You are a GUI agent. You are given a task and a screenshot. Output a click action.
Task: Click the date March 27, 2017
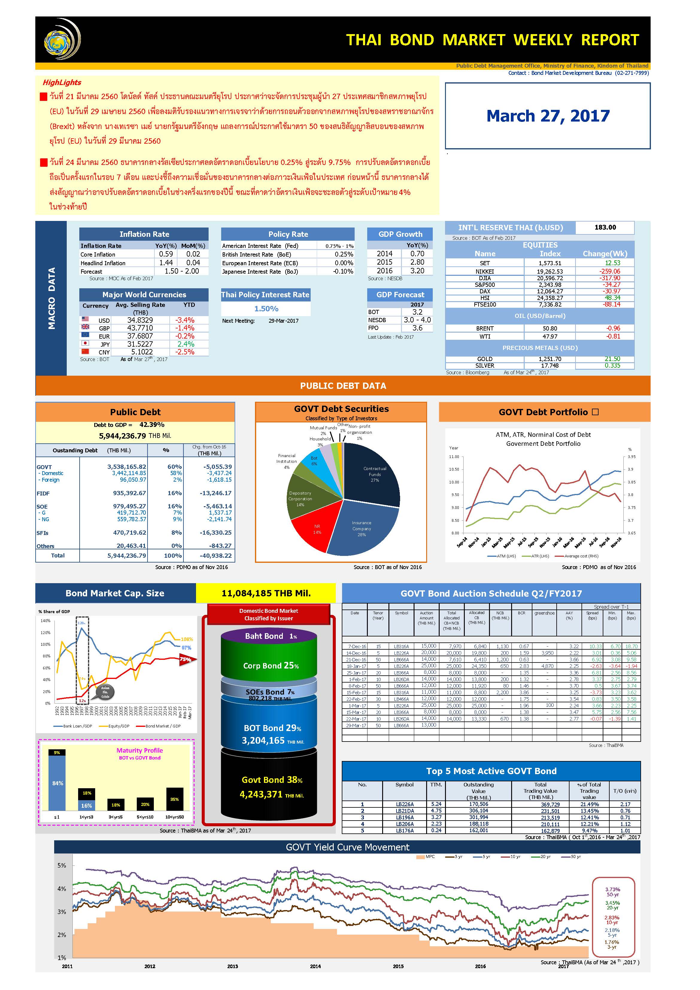548,116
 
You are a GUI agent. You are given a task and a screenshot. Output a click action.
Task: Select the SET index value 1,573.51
550,263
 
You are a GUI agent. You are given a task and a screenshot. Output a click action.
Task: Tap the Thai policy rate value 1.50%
266,309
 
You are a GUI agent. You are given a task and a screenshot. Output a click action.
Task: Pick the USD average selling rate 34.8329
140,320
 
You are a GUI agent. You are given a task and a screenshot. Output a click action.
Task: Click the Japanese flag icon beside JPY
85,344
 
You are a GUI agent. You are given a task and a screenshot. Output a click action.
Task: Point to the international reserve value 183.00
605,227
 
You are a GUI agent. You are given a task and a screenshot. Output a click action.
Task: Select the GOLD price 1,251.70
550,359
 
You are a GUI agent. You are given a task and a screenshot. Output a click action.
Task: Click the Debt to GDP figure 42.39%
152,425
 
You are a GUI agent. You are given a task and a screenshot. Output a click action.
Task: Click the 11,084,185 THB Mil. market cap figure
266,593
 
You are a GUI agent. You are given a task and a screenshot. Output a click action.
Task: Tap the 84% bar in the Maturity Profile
57,783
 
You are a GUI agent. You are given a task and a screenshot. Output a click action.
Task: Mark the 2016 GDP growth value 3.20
417,271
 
